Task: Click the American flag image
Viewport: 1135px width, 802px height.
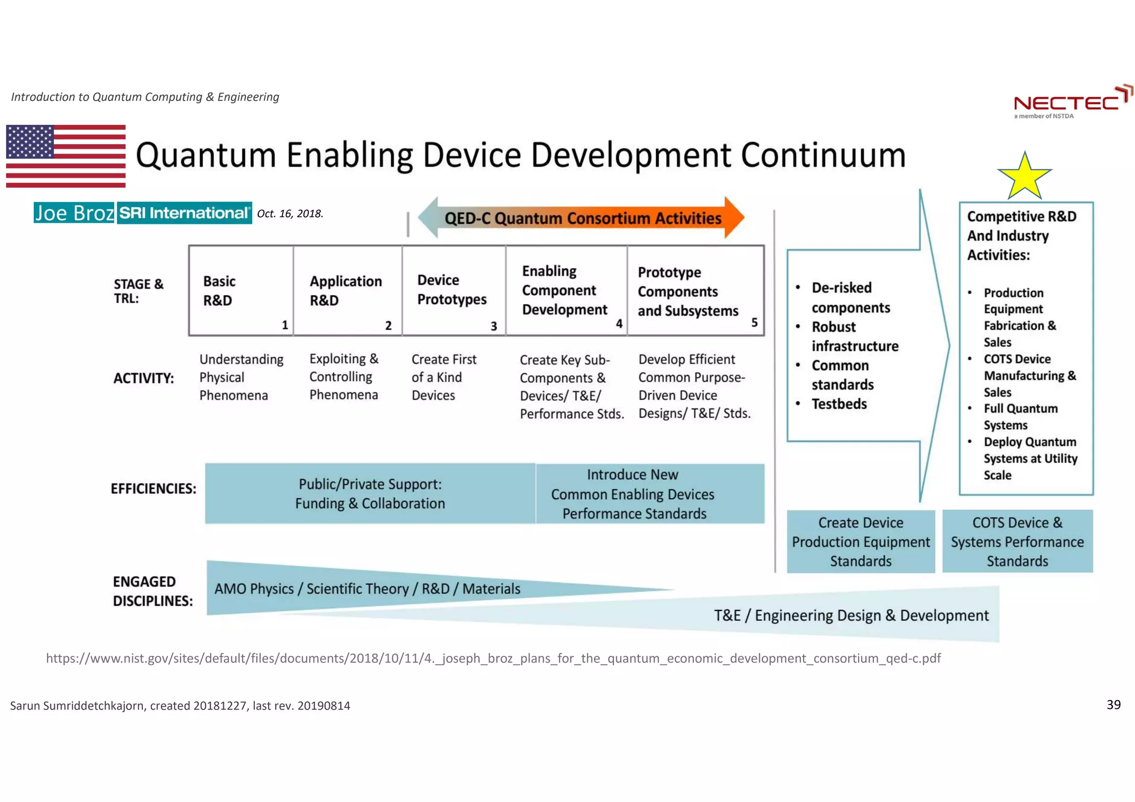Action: (65, 156)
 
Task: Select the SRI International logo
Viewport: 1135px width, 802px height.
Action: (185, 213)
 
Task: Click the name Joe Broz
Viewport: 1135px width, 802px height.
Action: (74, 213)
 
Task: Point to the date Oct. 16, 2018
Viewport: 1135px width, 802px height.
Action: (290, 214)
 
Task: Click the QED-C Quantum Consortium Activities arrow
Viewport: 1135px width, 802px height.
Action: (582, 218)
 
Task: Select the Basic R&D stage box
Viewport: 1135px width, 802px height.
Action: (241, 291)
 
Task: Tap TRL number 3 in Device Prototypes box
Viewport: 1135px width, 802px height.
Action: (493, 326)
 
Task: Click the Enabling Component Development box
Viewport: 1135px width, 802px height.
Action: (566, 291)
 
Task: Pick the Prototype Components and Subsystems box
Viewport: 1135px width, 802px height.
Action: (695, 291)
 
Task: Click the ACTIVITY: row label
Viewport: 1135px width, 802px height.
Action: (144, 378)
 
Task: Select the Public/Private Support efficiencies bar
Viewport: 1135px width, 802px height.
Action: (370, 493)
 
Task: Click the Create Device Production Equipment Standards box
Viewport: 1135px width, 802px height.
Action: (861, 542)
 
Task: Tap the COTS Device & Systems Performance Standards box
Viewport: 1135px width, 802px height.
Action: (1018, 542)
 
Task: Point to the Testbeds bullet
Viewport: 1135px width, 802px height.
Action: (839, 404)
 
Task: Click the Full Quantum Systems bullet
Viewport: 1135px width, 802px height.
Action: (1020, 417)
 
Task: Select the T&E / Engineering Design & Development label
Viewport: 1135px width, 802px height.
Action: (851, 615)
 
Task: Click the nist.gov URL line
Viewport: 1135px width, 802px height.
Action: (493, 658)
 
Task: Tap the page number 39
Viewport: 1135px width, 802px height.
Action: (1113, 705)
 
